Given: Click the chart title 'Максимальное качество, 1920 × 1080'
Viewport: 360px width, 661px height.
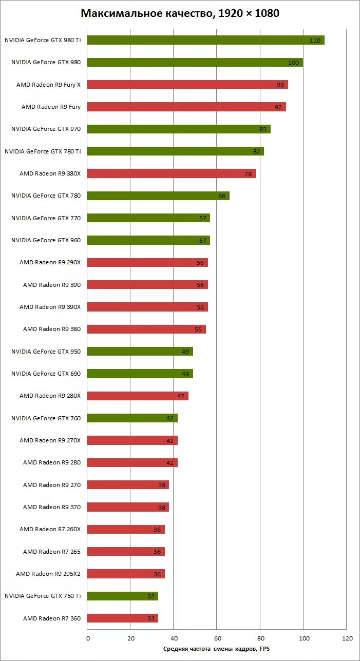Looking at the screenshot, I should pos(180,14).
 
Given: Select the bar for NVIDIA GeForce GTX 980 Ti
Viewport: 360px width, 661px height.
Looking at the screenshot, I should pos(205,40).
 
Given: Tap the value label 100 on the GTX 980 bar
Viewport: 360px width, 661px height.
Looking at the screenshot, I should pos(293,63).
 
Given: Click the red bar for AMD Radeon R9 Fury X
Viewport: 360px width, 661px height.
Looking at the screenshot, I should pos(187,85).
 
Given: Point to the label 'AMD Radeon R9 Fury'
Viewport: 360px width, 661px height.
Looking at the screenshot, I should pos(51,107).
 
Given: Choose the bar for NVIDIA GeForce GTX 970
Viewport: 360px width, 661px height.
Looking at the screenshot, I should pos(179,129).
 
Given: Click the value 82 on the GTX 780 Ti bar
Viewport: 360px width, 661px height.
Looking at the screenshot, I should pos(256,151).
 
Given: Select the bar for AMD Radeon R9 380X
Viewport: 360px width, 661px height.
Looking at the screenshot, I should pos(171,173).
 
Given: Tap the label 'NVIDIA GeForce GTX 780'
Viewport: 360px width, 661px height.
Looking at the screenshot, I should pos(46,196).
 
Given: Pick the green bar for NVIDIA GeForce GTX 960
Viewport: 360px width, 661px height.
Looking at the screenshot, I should pos(148,240).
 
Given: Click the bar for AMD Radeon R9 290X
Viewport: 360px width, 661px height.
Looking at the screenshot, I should pos(147,262).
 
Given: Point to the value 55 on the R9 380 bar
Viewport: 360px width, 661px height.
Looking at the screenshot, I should pos(198,329).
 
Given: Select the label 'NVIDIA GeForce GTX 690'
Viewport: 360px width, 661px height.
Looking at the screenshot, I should pos(46,374).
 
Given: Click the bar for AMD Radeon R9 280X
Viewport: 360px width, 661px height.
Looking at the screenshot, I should pos(138,396).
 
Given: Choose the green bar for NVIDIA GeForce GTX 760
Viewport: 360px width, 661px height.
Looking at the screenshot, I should pos(132,418).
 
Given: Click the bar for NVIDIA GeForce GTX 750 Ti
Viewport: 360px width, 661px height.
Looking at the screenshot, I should pos(122,596).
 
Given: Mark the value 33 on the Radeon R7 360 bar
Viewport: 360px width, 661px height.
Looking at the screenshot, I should pos(151,618).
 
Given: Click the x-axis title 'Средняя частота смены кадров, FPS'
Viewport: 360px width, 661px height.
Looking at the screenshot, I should pos(216,649).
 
